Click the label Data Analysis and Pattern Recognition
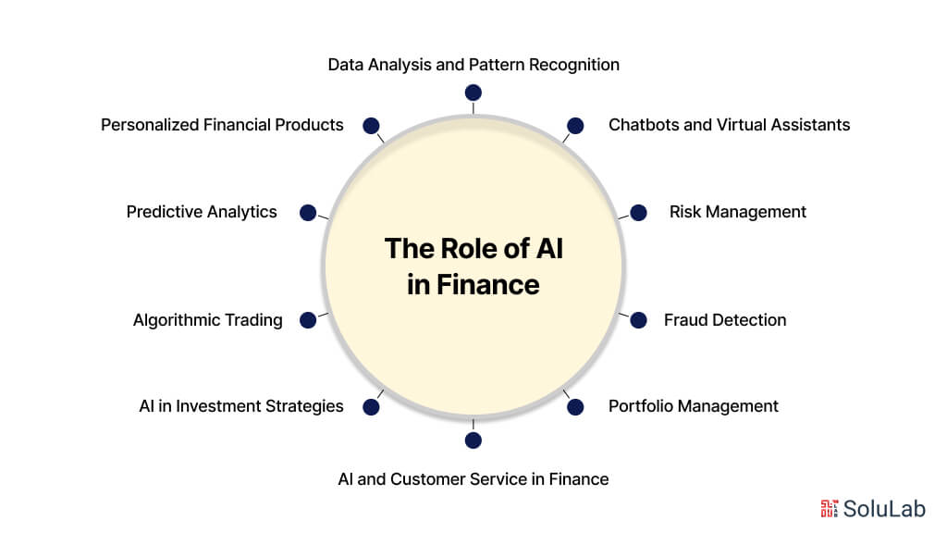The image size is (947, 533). [x=473, y=65]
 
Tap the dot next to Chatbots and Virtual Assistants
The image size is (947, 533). [x=574, y=125]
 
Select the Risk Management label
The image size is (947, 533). [x=737, y=212]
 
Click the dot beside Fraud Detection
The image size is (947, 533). [x=638, y=320]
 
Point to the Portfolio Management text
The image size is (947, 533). [x=693, y=406]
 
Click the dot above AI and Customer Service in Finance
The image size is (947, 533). [x=473, y=440]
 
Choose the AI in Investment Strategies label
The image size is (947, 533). [x=240, y=406]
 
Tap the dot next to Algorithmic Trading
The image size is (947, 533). [x=308, y=320]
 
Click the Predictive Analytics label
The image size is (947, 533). [x=202, y=212]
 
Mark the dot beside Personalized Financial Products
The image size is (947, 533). [x=371, y=125]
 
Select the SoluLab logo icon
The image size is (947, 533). [x=830, y=507]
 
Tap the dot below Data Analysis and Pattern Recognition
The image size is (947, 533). [x=473, y=93]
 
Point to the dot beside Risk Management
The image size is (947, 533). [x=638, y=212]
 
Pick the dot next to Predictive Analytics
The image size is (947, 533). [x=308, y=212]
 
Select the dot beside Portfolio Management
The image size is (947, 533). [x=574, y=406]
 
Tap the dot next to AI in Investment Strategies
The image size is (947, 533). [x=371, y=406]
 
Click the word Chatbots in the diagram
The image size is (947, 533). [x=644, y=125]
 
